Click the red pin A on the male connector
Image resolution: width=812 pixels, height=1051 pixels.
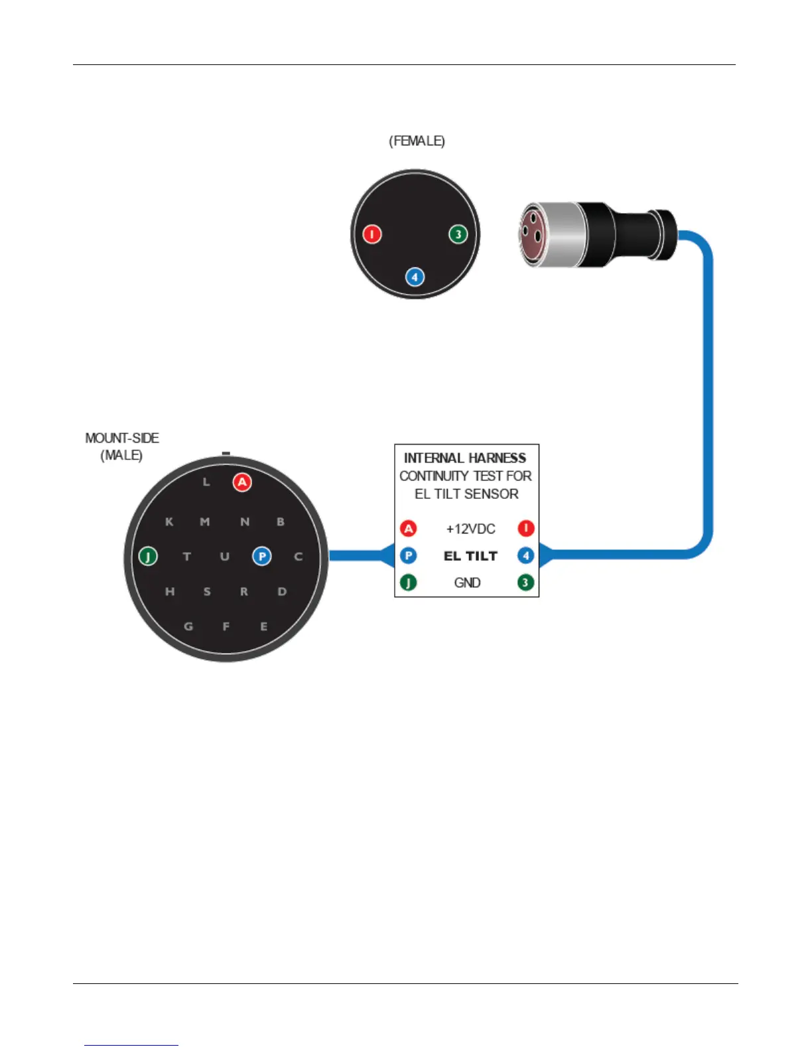[242, 482]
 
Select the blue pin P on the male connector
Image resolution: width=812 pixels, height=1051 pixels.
[262, 556]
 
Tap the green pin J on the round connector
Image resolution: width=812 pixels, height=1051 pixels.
[148, 556]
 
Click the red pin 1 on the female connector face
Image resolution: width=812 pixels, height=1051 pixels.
[372, 234]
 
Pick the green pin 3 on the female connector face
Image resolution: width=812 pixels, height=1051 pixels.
[458, 234]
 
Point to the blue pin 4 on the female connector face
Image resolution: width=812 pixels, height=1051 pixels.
[415, 277]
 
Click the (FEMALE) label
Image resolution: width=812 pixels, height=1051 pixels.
[417, 141]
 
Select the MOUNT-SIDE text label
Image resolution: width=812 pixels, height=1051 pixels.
[122, 439]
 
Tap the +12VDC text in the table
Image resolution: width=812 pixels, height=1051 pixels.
[470, 529]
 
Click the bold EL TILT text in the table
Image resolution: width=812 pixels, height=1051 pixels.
[470, 556]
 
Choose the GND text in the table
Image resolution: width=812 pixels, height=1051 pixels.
[467, 583]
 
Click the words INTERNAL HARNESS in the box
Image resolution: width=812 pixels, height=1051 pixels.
[465, 458]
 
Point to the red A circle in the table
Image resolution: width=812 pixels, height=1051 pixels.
[409, 529]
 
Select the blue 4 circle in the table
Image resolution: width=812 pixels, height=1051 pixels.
[525, 556]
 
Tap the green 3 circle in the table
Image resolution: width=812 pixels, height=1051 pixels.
[525, 583]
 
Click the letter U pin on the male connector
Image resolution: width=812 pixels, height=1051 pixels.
[225, 557]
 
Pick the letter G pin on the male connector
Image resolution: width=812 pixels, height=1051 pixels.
[188, 626]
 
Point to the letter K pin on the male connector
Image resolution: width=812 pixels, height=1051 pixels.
[169, 522]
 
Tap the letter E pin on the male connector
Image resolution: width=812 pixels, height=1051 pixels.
[263, 626]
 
